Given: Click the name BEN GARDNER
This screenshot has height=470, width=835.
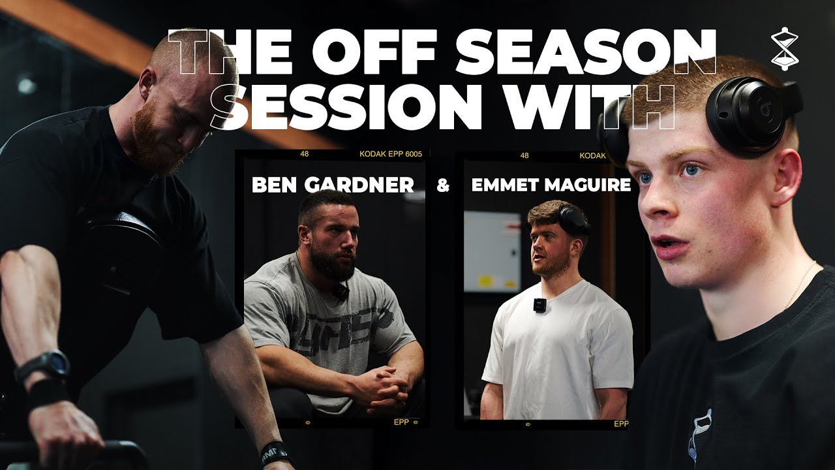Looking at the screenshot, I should point(333,185).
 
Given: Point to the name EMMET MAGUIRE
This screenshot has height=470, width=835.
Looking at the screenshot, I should point(551,185).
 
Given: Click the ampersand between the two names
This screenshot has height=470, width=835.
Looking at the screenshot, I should point(443,185).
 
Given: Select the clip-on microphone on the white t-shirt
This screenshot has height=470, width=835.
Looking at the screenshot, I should point(539,305).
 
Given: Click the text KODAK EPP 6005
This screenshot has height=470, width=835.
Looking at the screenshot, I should point(391,155).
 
